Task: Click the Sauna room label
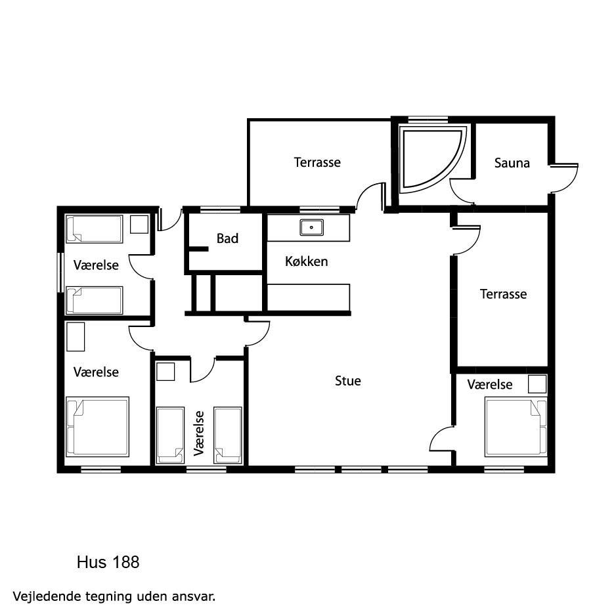coord(512,163)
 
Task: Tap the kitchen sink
coord(311,227)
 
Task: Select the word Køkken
coord(307,261)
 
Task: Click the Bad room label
coord(227,238)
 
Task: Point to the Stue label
coord(348,381)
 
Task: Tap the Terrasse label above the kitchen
coord(317,162)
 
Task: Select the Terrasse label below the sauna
coord(503,294)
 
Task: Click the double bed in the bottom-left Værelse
coord(97,426)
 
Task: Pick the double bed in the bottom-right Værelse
coord(516,427)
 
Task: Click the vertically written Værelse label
coord(199,433)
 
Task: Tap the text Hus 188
coord(108,562)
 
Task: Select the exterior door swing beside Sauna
coord(564,178)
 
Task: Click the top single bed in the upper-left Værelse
coord(95,229)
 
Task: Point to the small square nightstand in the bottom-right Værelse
coord(537,384)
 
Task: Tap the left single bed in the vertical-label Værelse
coord(171,435)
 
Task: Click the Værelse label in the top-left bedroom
coord(96,265)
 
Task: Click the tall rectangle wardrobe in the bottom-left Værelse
coord(76,337)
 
